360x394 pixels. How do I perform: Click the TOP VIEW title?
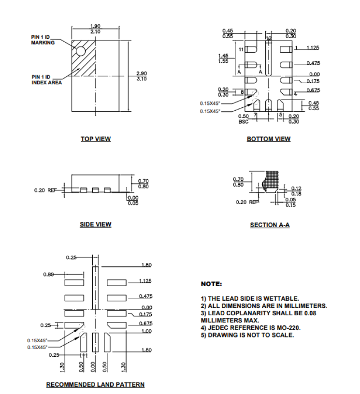click(x=96, y=139)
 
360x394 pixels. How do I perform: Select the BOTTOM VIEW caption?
click(x=269, y=139)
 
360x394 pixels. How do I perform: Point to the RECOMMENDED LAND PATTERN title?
click(x=95, y=384)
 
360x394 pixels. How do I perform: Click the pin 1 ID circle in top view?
click(x=80, y=51)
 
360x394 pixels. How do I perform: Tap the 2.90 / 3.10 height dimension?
click(x=141, y=76)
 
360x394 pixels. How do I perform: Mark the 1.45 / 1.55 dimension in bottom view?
click(x=223, y=58)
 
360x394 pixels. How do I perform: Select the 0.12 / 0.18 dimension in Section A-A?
click(x=296, y=191)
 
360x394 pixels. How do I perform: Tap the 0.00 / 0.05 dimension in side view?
click(x=132, y=200)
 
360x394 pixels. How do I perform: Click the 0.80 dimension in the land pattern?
click(x=48, y=274)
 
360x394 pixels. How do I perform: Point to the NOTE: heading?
click(x=211, y=283)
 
